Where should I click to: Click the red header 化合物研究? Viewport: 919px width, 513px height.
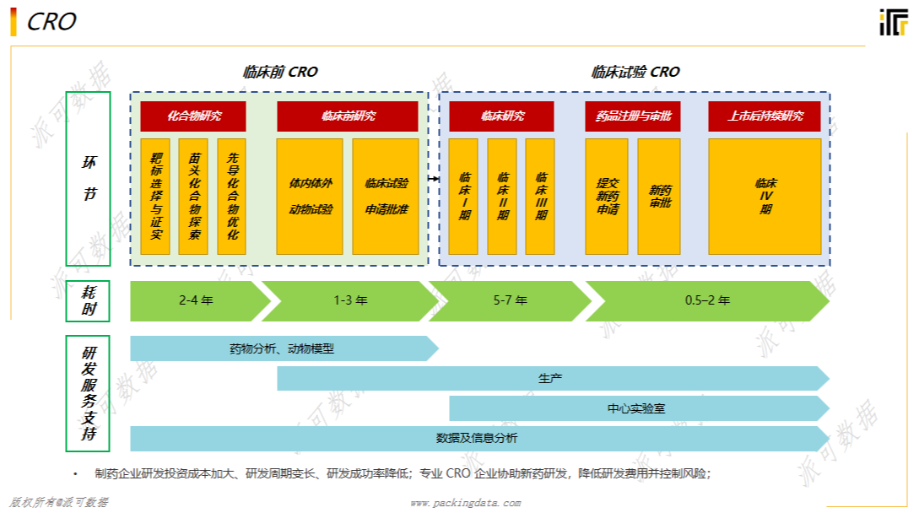point(193,116)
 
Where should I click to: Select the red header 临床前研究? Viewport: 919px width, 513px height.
point(348,116)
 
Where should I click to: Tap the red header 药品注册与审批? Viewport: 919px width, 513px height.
point(628,116)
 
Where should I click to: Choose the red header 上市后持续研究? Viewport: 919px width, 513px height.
point(765,116)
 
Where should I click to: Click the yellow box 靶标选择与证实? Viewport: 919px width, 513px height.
point(156,196)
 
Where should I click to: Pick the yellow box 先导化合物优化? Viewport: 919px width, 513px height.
point(232,196)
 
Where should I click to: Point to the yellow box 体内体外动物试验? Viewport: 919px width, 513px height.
point(310,196)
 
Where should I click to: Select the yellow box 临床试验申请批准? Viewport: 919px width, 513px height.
point(386,196)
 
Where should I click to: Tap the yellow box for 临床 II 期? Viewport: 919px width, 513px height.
point(502,196)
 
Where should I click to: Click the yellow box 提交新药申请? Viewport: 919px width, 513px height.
point(607,196)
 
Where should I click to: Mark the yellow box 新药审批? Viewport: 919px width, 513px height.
point(659,196)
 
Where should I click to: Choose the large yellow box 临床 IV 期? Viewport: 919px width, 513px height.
point(765,196)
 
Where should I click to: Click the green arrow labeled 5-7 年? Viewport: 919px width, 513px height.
point(510,300)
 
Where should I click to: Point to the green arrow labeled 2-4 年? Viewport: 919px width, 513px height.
point(196,300)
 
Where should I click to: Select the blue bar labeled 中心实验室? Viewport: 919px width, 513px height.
point(637,408)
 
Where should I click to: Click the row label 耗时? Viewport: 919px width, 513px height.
point(88,300)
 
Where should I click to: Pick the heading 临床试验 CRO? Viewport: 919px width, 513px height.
point(635,73)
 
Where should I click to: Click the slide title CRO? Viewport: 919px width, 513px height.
point(52,22)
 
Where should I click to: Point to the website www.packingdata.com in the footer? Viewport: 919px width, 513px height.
point(465,503)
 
